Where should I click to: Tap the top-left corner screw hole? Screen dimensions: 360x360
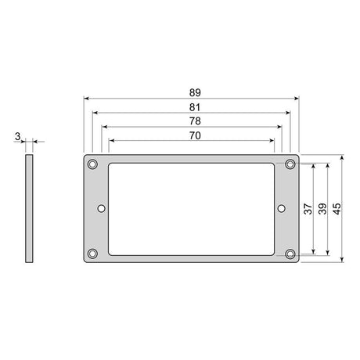point(93,164)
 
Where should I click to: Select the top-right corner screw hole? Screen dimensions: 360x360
point(290,164)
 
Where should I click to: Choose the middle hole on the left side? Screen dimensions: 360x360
point(101,208)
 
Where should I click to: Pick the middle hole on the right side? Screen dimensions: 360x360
point(282,208)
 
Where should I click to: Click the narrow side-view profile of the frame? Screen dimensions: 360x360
point(30,208)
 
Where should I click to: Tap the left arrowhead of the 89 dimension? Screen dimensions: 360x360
point(86,99)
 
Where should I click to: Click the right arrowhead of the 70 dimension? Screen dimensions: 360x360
point(273,142)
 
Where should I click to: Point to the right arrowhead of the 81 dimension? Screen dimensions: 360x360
point(288,113)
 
